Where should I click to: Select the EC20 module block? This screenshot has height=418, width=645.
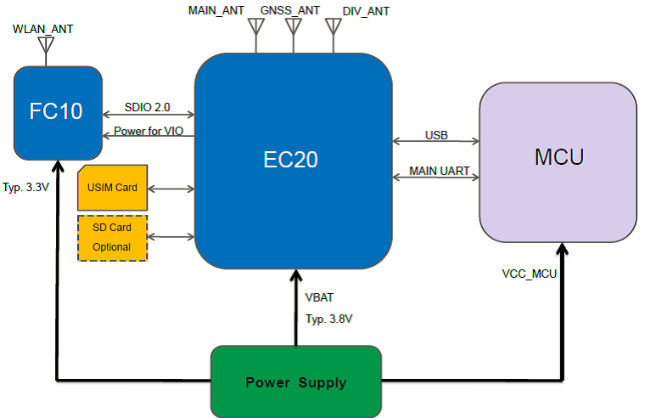click(x=294, y=160)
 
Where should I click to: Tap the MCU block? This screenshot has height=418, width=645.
click(x=558, y=159)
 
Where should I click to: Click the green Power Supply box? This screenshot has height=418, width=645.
click(x=294, y=381)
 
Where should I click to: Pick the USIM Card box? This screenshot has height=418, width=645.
click(x=112, y=187)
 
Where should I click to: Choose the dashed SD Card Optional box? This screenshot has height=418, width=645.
click(x=112, y=237)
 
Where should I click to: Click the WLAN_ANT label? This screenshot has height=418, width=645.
click(x=43, y=29)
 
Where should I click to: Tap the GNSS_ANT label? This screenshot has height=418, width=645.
click(x=290, y=11)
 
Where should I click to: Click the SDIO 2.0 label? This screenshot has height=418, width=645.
click(x=147, y=107)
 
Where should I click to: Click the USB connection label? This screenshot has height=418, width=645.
click(x=436, y=135)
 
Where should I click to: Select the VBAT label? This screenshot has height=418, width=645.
click(x=320, y=298)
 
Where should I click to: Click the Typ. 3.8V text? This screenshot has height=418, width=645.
click(x=328, y=319)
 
